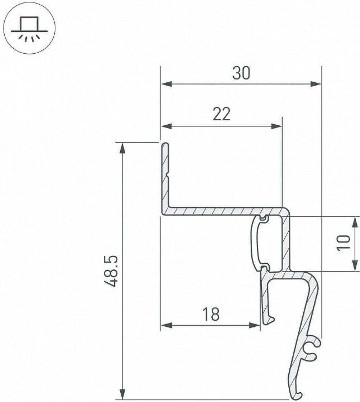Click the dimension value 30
[241, 73]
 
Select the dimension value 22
[221, 115]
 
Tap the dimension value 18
[211, 314]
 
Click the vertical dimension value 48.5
[112, 271]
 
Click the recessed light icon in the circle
[29, 29]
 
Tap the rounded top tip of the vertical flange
[165, 145]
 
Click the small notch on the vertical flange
[167, 176]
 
